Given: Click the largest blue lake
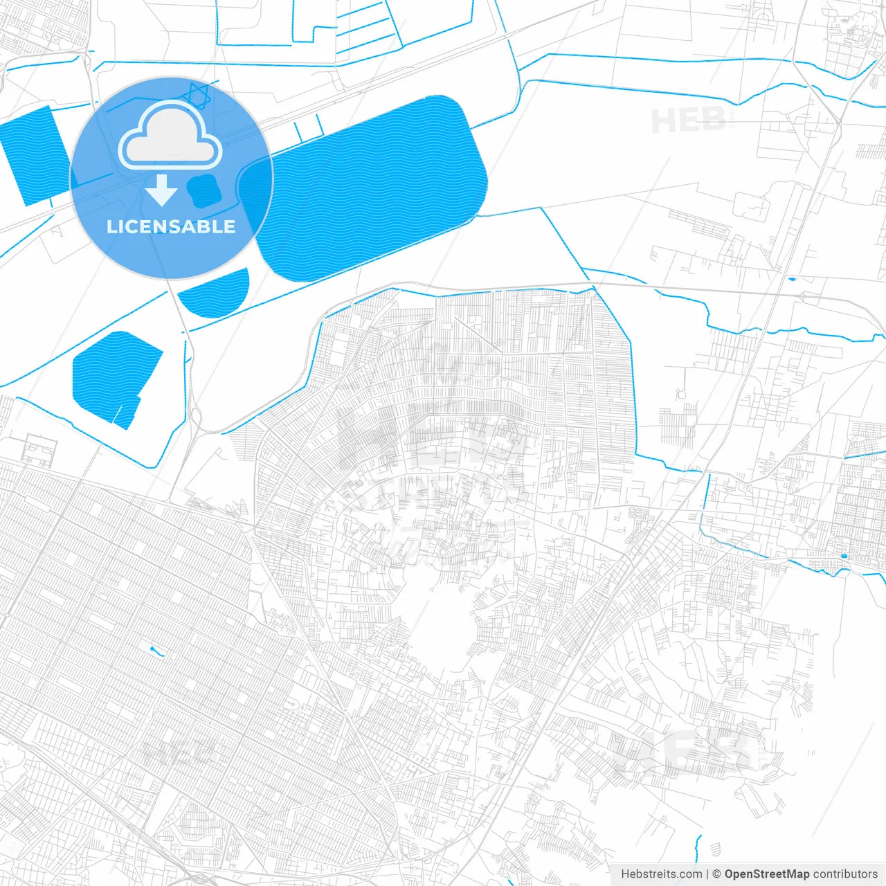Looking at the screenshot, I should pyautogui.click(x=374, y=187).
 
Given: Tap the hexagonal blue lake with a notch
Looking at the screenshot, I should pyautogui.click(x=114, y=377).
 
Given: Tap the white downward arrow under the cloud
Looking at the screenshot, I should pyautogui.click(x=161, y=191).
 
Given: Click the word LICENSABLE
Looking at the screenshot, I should pyautogui.click(x=171, y=226).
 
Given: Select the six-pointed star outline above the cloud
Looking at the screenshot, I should pyautogui.click(x=199, y=95).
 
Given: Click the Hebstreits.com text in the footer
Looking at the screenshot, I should pyautogui.click(x=661, y=874).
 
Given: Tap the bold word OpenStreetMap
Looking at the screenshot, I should pyautogui.click(x=766, y=874).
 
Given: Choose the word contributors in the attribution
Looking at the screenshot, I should pyautogui.click(x=845, y=874).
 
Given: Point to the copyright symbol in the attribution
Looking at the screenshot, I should pyautogui.click(x=717, y=874).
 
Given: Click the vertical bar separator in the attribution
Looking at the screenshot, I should pyautogui.click(x=707, y=874).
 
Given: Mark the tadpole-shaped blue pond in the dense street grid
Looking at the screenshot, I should pyautogui.click(x=156, y=651).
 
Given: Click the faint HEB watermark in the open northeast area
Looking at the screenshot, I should pyautogui.click(x=689, y=121).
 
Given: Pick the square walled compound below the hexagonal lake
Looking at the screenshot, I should pyautogui.click(x=39, y=450).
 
